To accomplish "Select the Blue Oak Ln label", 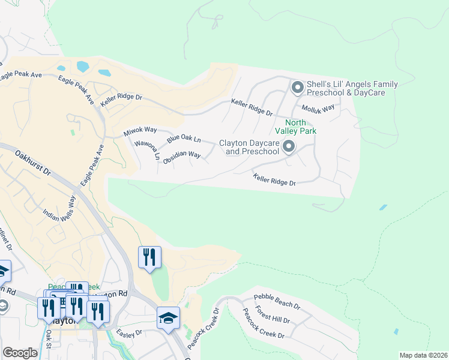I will (x=183, y=139).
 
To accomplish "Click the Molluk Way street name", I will (x=318, y=109).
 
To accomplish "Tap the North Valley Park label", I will (x=295, y=127).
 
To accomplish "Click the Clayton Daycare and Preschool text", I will (x=249, y=147).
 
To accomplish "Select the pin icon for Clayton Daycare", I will (x=289, y=146).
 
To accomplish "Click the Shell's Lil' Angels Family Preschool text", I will (x=343, y=89).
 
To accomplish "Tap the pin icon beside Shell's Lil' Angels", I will (x=297, y=88).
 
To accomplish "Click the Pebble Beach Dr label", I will (x=277, y=301).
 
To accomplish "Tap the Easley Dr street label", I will (x=129, y=332).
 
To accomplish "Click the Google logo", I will (x=20, y=353).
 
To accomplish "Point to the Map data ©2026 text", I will (x=423, y=355).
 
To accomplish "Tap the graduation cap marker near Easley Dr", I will (x=168, y=319).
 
